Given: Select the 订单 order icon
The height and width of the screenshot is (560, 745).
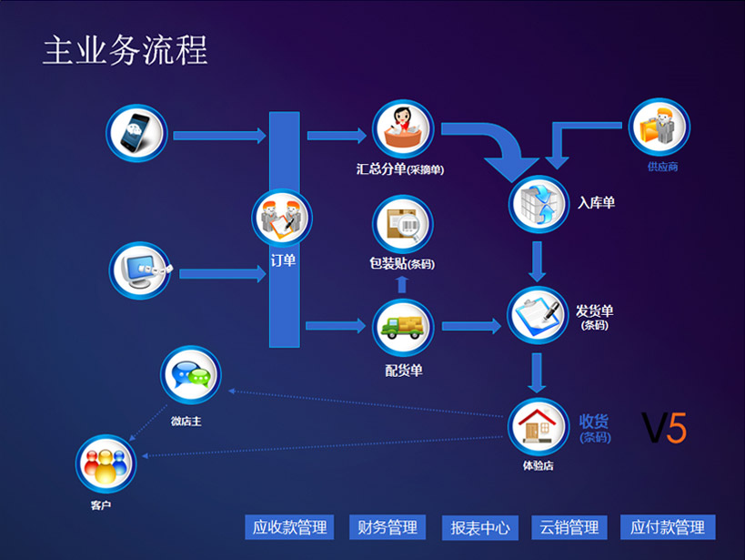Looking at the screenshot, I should pos(282,219).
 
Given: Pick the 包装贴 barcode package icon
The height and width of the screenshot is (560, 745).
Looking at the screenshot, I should pos(402,225).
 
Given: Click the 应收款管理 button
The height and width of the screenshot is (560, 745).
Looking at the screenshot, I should pos(289,527).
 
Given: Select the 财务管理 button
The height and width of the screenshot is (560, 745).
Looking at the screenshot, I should pos(388,527).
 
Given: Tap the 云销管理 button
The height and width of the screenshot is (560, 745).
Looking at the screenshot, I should pos(569,527).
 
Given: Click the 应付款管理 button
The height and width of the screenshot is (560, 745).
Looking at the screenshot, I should pos(668,527).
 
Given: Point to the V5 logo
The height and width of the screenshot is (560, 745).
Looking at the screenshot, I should pos(664,427).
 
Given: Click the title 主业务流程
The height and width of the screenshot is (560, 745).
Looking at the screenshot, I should pos(126,51).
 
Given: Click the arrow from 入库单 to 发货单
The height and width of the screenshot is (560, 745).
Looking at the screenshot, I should pos(538,261).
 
